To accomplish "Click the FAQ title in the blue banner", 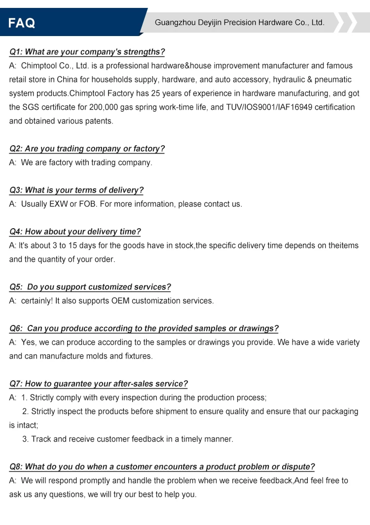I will [22, 23].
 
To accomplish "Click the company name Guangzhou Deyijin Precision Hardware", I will [239, 22].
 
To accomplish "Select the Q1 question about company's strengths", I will [87, 52].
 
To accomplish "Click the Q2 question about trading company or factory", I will [87, 149].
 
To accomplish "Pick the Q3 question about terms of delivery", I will [76, 190].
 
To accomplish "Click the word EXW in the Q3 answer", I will [59, 204].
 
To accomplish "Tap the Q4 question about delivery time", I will [75, 232].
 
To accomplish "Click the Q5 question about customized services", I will [90, 287].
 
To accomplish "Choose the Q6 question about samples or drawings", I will [144, 328].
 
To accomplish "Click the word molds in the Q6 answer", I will [96, 356].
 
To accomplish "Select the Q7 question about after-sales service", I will [99, 384].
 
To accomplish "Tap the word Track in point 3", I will [41, 439].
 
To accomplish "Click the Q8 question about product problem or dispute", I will [162, 467].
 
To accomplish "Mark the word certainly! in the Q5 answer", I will [37, 301].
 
